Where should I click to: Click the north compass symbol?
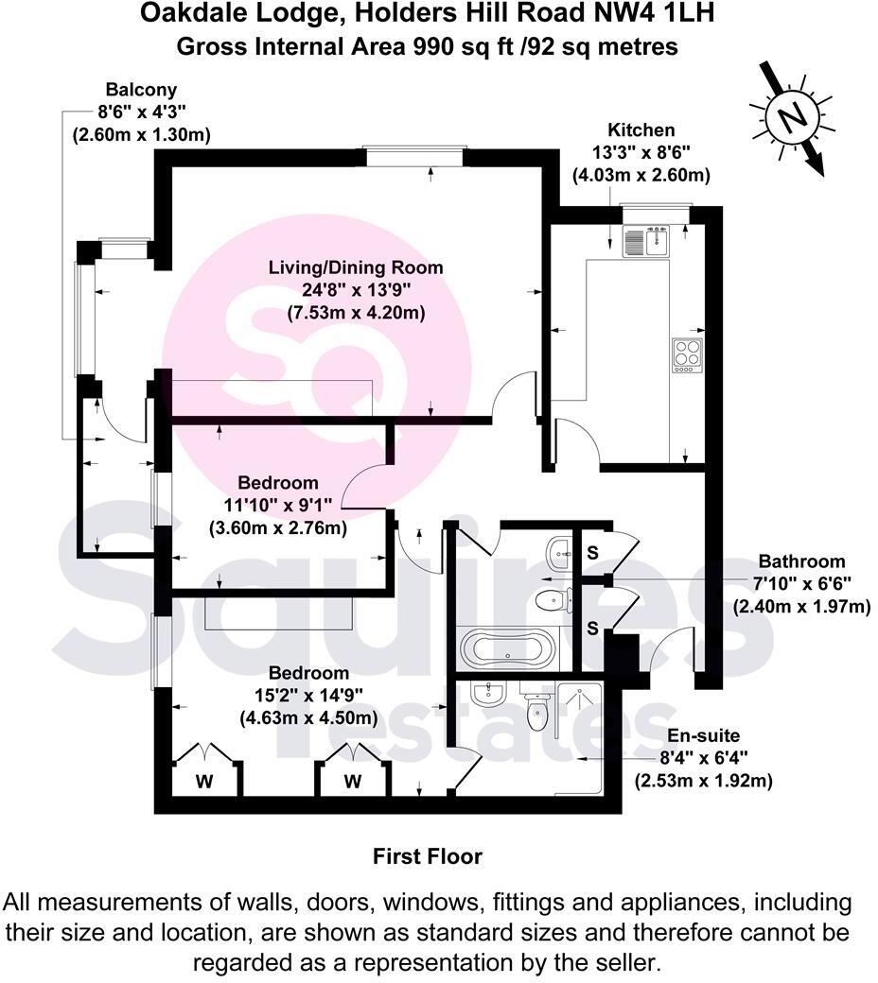[793, 117]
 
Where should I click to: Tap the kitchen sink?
[645, 242]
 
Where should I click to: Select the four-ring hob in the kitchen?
[687, 354]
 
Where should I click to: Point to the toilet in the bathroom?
[551, 597]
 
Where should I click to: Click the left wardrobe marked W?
[203, 781]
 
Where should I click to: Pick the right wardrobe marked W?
[352, 781]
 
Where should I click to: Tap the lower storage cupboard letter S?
[591, 627]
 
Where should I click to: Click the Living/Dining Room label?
[354, 267]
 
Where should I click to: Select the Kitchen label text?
[641, 130]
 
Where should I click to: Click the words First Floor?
[427, 856]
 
